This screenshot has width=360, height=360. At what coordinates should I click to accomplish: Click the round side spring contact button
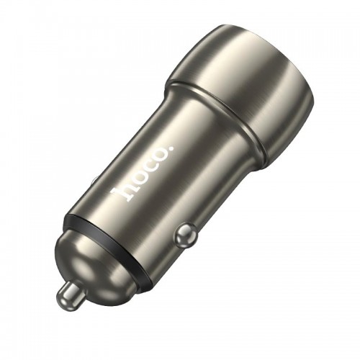click(x=186, y=234)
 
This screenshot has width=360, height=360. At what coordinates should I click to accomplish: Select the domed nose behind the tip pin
click(x=101, y=259)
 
